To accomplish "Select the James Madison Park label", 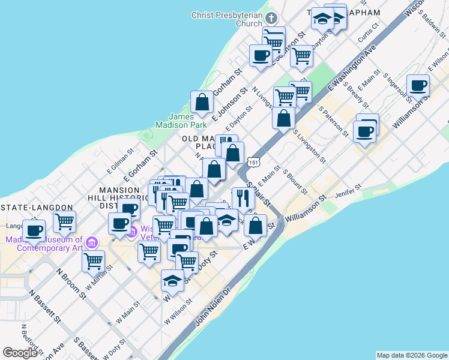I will click(181, 121).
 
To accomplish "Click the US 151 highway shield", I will click(253, 162).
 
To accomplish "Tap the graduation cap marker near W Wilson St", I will click(172, 281).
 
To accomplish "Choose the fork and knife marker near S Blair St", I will click(243, 198).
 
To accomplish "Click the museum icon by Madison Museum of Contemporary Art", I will click(91, 242).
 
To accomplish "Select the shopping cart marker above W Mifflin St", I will click(93, 262).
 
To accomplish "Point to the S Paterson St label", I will click(333, 120).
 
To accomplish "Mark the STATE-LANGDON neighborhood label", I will click(38, 208).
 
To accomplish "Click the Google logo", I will click(20, 353).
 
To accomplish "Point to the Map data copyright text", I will click(412, 355).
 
